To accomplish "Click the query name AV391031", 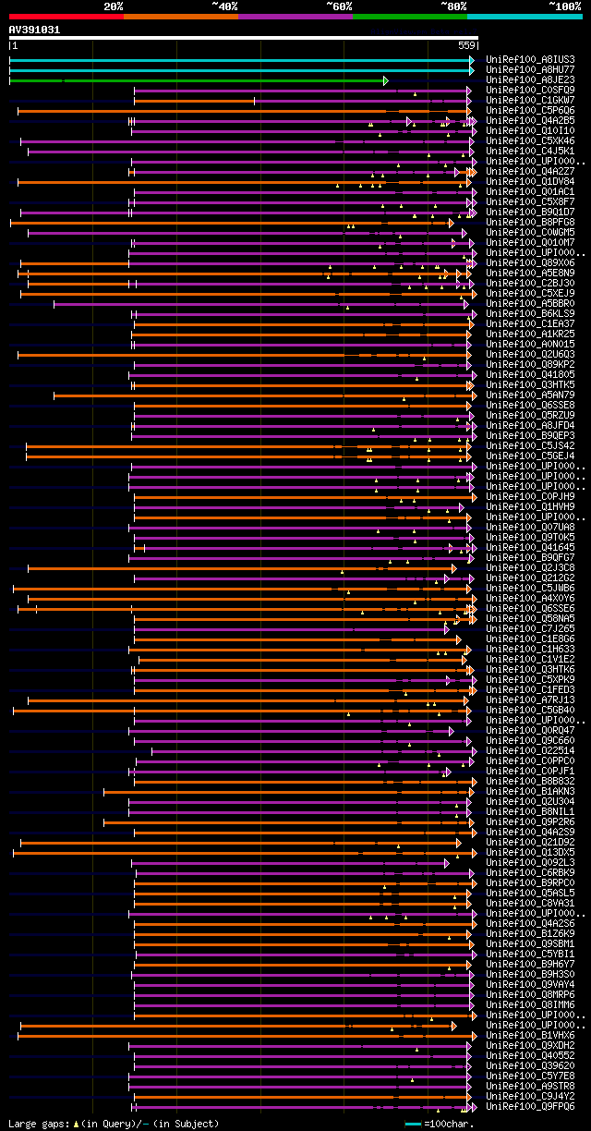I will [x=34, y=30].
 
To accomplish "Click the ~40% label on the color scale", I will [x=224, y=6].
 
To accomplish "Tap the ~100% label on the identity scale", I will [x=564, y=6].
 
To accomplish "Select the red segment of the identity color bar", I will [x=66, y=16].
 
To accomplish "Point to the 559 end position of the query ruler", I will [x=466, y=44].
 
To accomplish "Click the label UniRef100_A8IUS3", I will [x=530, y=59].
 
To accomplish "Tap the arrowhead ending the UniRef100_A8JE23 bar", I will [x=386, y=80].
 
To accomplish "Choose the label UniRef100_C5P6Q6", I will [x=530, y=110].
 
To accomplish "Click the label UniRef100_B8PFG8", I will [x=530, y=222].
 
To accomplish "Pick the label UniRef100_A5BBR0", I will [x=530, y=303].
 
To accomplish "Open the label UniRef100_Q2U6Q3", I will [x=530, y=354].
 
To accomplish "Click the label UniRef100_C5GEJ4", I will [x=530, y=456].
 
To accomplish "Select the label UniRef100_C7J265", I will [x=530, y=628].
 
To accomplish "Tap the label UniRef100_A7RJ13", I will [x=530, y=699].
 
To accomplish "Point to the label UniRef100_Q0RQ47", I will [x=530, y=730].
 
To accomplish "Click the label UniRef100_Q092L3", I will [x=530, y=862].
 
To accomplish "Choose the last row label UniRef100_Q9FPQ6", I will [x=530, y=1106].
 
